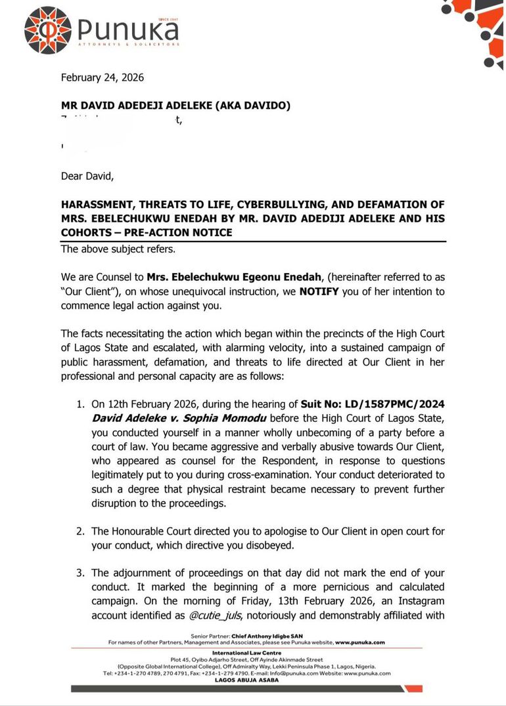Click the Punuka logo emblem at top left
point(48,30)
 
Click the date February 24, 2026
point(102,77)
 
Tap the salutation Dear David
point(87,176)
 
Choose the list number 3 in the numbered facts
point(80,573)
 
